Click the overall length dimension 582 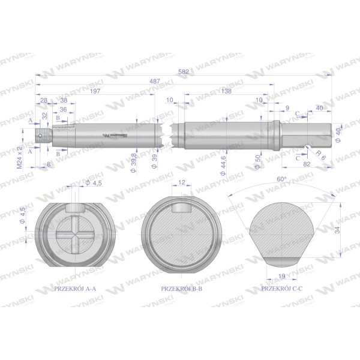[184, 71]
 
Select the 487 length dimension [155, 81]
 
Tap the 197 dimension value [95, 91]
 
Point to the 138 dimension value [226, 91]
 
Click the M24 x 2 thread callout [20, 157]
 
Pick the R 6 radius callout [321, 155]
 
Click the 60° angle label [281, 179]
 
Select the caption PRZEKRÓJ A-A [75, 289]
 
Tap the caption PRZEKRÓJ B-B [182, 289]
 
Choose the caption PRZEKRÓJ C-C [282, 289]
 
